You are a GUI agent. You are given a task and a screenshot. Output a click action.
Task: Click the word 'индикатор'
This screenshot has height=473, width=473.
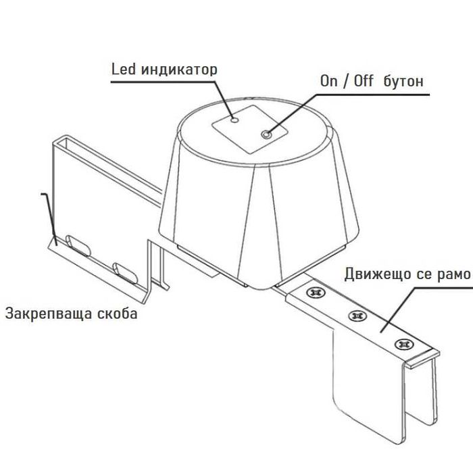(179, 70)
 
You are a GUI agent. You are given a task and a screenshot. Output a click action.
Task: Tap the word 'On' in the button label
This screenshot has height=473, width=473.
(329, 81)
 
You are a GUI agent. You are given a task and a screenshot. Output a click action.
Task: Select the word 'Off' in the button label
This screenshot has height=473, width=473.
(364, 81)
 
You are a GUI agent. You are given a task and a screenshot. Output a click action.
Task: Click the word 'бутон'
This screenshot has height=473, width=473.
(403, 81)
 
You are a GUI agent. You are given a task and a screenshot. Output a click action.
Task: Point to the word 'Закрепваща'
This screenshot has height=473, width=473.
(49, 314)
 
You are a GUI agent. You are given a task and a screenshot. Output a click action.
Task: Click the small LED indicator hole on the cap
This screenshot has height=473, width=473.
(234, 120)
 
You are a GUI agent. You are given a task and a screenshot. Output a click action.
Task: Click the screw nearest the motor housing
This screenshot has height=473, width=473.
(316, 292)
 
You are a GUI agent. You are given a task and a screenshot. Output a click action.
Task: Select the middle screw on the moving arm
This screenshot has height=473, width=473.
(357, 316)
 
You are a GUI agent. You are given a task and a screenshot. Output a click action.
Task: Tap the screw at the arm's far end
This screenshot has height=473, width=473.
(404, 344)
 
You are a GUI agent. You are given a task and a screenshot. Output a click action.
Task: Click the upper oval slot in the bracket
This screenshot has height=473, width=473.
(78, 245)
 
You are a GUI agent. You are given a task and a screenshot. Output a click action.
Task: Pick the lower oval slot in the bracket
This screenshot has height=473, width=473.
(125, 273)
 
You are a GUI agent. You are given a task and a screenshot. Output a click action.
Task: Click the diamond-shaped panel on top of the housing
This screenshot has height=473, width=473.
(250, 129)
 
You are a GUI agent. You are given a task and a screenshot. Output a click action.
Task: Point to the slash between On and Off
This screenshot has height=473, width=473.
(346, 82)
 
